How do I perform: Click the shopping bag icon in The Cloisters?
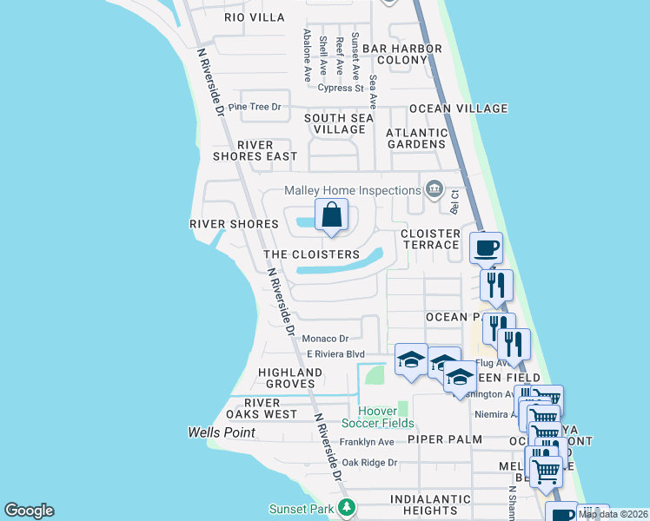331,215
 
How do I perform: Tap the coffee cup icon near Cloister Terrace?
487,248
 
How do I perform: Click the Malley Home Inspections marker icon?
433,189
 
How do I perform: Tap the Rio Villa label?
255,17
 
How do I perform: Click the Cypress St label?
341,88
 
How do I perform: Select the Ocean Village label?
458,109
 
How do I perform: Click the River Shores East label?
255,150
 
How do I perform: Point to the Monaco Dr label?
325,339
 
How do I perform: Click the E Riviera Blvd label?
335,354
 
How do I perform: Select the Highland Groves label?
290,378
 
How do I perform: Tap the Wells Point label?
222,432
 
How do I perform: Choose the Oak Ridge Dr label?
368,463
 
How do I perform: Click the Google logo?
29,511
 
